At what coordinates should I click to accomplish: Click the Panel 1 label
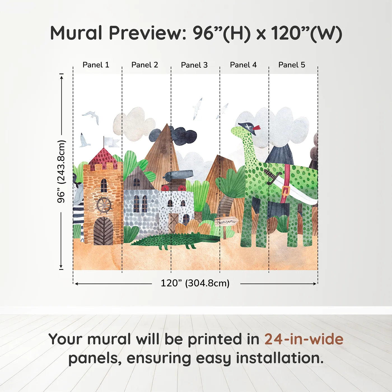tap(96, 65)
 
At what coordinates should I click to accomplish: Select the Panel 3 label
tap(194, 65)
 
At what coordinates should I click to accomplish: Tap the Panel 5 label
tap(291, 65)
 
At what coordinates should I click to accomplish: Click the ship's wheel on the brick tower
tap(104, 205)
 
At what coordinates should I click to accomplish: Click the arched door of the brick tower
tap(103, 231)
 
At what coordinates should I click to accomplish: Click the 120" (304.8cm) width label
tap(195, 283)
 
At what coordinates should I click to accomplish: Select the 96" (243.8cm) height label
tap(61, 171)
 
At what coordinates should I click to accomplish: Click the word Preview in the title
tap(145, 33)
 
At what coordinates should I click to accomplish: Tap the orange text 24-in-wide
tap(304, 339)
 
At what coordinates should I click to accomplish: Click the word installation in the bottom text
tap(279, 358)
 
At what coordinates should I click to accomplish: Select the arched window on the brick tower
tap(104, 185)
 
